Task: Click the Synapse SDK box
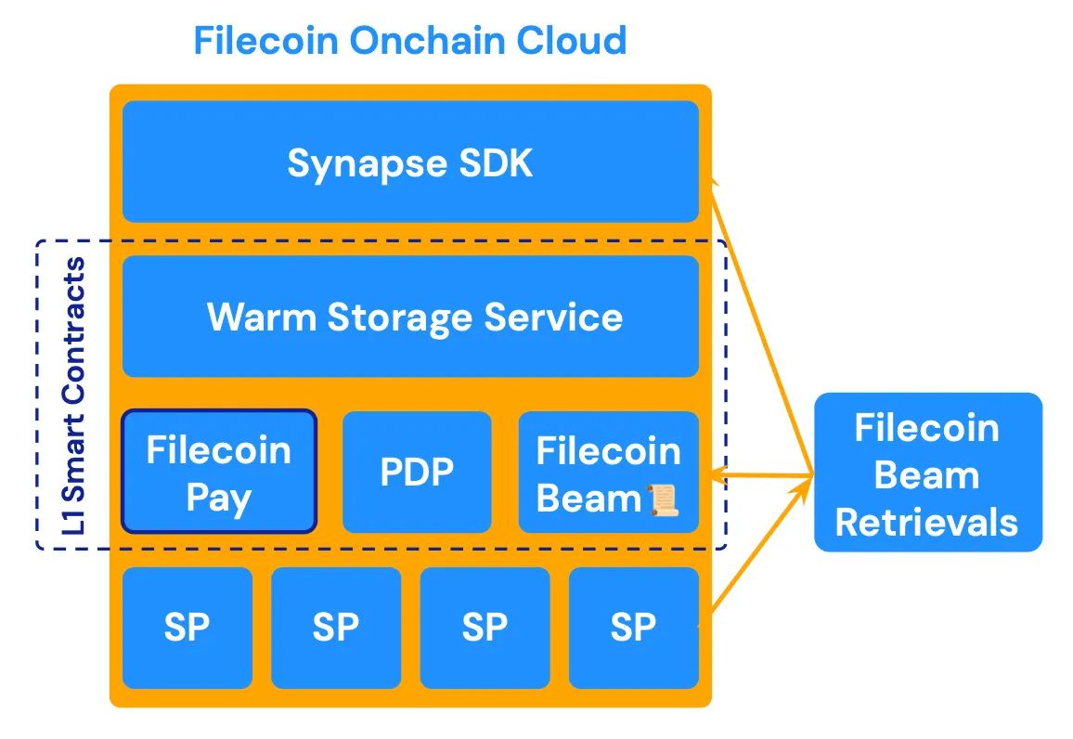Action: click(410, 162)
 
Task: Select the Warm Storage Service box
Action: click(410, 317)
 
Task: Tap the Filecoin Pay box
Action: click(219, 473)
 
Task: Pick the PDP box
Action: click(417, 473)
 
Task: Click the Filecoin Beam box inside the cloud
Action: click(608, 473)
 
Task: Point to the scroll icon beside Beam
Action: click(663, 499)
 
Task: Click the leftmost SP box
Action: click(187, 628)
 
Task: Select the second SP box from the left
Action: click(336, 628)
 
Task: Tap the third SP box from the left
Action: click(485, 628)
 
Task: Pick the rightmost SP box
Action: click(633, 628)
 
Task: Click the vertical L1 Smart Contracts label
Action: click(75, 395)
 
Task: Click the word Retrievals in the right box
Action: click(926, 522)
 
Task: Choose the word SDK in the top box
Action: click(498, 162)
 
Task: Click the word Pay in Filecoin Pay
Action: click(219, 499)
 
